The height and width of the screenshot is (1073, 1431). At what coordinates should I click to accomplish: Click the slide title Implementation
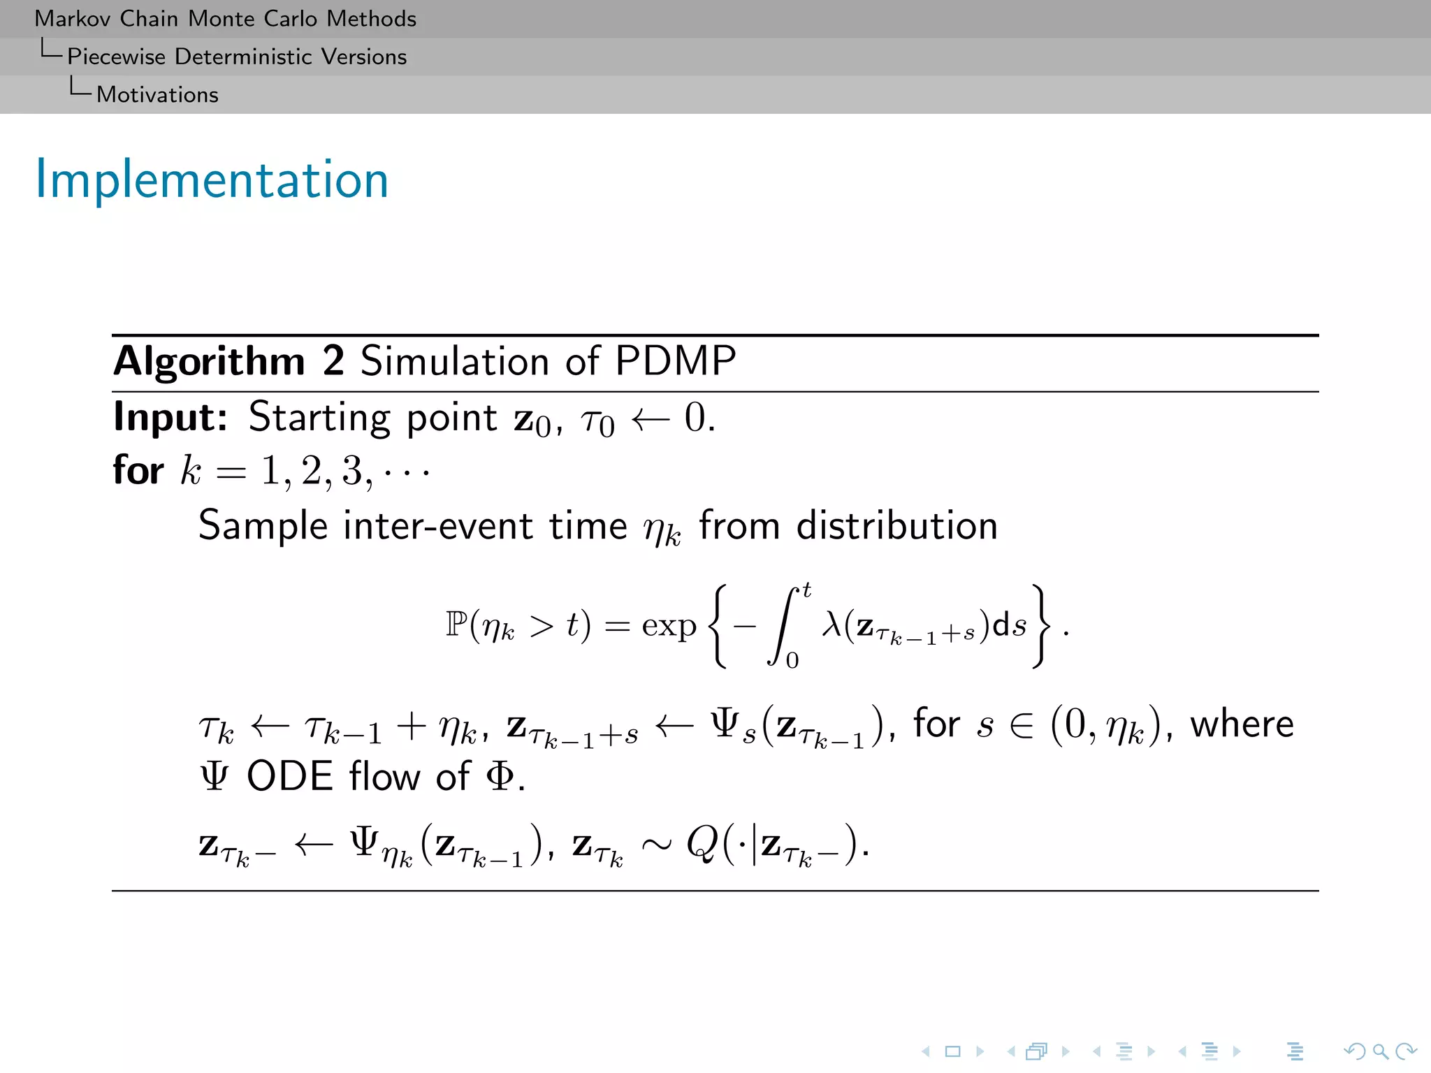[x=212, y=180]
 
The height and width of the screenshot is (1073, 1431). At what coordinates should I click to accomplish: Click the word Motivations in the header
[x=157, y=94]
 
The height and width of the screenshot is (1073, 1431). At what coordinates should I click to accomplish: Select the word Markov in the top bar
[x=72, y=19]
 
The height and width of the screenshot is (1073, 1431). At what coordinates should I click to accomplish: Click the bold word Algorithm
[x=209, y=362]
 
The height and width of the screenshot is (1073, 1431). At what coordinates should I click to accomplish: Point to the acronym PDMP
[x=675, y=361]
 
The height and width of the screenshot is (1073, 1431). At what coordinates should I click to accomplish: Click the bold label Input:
[x=170, y=417]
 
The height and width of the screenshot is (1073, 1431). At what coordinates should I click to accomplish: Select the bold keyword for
[x=138, y=470]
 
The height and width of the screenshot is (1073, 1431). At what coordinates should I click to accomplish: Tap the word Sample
[x=263, y=526]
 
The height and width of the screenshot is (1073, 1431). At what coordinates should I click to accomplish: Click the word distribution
[x=897, y=525]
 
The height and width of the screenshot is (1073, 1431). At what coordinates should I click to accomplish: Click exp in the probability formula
[x=669, y=626]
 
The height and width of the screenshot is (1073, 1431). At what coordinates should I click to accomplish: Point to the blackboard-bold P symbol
[x=456, y=624]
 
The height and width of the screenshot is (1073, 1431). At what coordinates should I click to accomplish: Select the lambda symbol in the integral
[x=831, y=623]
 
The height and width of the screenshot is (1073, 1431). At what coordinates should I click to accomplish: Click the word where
[x=1242, y=724]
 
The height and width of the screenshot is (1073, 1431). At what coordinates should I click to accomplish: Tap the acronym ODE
[x=289, y=776]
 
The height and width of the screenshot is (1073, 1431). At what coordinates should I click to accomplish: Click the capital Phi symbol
[x=500, y=776]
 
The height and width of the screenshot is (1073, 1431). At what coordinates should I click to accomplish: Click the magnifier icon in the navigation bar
[x=1380, y=1051]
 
